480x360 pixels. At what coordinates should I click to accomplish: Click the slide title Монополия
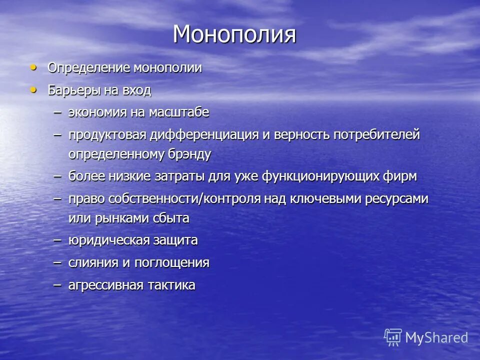234,34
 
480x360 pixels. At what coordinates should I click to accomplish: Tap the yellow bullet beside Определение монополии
33,67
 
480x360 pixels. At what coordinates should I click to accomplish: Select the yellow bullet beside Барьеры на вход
33,89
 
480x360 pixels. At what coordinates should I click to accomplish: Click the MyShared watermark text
436,337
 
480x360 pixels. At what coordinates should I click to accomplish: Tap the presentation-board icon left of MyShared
393,337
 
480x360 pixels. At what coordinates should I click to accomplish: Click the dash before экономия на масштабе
58,112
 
